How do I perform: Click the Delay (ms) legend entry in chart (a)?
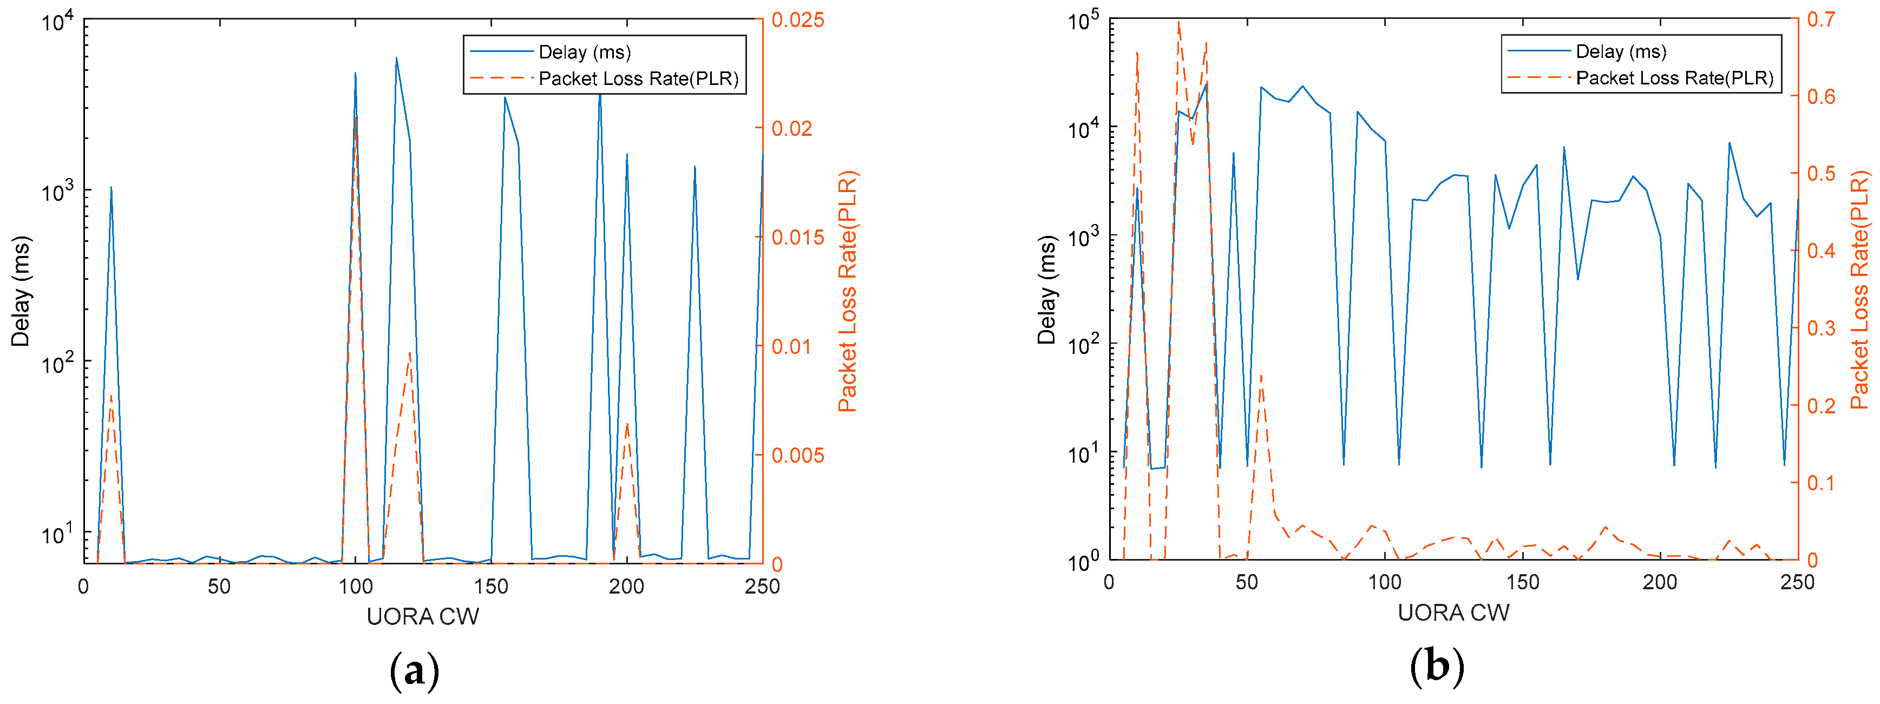pyautogui.click(x=584, y=52)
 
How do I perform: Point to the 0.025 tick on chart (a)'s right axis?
pyautogui.click(x=798, y=19)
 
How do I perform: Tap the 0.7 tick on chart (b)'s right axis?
pyautogui.click(x=1821, y=19)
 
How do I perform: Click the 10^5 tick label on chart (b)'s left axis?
pyautogui.click(x=1083, y=21)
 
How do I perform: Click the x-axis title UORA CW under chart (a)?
pyautogui.click(x=423, y=616)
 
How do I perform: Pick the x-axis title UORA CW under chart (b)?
pyautogui.click(x=1453, y=612)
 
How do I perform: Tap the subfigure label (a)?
pyautogui.click(x=415, y=669)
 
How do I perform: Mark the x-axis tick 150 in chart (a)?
pyautogui.click(x=490, y=586)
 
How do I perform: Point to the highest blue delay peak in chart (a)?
pyautogui.click(x=396, y=58)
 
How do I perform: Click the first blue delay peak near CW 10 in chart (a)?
pyautogui.click(x=111, y=187)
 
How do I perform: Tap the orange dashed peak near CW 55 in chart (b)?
pyautogui.click(x=1260, y=375)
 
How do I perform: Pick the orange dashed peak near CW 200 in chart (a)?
pyautogui.click(x=626, y=423)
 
